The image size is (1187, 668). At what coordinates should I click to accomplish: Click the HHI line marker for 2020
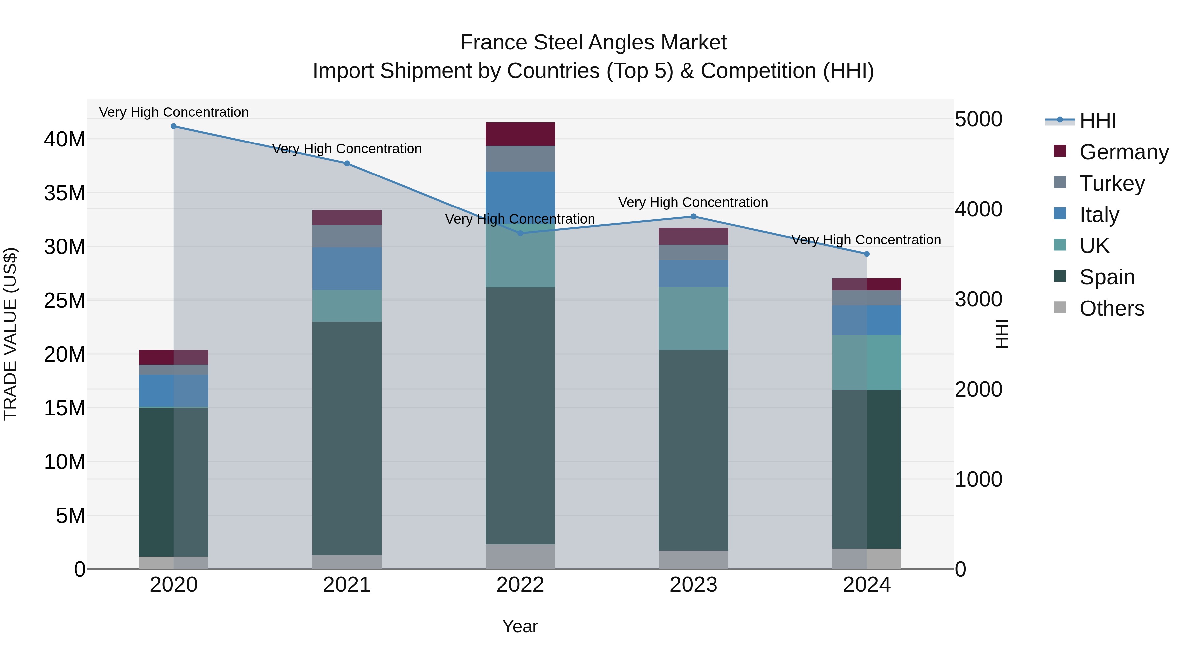click(174, 126)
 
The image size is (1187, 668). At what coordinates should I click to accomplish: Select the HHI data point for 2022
click(520, 233)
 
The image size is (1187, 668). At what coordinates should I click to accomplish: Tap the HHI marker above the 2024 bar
click(867, 254)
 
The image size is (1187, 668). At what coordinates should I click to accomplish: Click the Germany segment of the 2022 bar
click(520, 134)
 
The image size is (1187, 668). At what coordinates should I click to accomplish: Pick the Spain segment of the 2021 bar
click(347, 438)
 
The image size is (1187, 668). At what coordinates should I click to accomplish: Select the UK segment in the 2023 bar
click(693, 319)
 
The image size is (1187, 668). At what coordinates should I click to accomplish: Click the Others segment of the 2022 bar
click(520, 557)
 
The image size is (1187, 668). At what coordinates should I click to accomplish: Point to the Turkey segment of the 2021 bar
click(347, 237)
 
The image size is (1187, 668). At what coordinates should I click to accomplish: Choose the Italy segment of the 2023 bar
click(693, 273)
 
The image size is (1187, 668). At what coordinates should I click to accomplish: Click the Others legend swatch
click(1060, 307)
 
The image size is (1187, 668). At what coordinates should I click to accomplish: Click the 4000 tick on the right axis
click(978, 209)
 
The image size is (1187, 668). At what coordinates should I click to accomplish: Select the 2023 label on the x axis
click(693, 585)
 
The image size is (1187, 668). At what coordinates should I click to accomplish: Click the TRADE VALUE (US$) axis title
click(10, 334)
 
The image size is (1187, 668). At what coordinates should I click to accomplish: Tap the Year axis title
click(520, 626)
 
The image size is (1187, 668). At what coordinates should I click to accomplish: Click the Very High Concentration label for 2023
click(693, 203)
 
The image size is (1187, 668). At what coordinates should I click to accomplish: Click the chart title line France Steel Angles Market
click(593, 43)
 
